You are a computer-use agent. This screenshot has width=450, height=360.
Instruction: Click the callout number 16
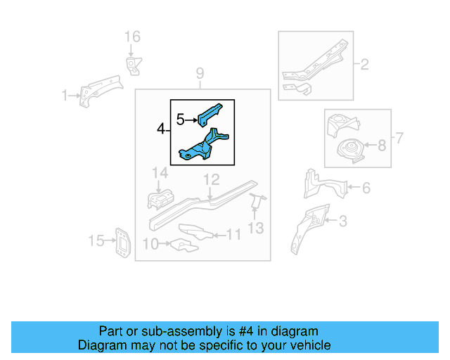[132, 37]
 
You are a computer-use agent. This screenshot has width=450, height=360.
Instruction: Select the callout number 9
[200, 73]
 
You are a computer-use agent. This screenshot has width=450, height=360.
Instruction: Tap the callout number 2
[364, 65]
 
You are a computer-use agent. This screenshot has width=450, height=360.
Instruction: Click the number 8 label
[381, 146]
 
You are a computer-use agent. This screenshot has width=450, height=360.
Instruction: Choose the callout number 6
[366, 188]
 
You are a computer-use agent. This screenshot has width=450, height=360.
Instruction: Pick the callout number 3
[342, 222]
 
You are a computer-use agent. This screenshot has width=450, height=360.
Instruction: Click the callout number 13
[256, 227]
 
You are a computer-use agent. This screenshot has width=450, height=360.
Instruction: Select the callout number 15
[95, 241]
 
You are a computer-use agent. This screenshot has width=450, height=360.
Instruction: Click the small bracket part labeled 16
[131, 65]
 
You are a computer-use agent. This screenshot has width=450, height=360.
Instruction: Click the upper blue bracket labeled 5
[210, 111]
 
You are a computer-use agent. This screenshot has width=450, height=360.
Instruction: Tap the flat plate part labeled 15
[122, 243]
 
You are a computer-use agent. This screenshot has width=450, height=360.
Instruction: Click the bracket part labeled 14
[160, 200]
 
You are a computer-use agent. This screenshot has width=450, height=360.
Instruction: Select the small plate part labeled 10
[182, 245]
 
